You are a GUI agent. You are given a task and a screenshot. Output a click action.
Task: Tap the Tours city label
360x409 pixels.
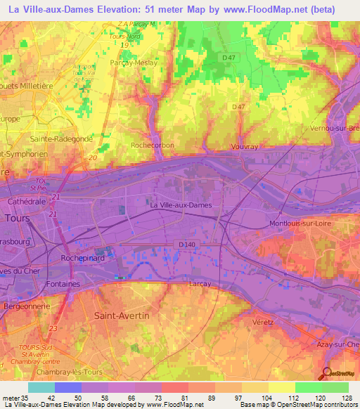coord(16,218)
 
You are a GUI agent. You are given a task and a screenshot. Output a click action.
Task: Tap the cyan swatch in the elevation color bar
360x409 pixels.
coord(41,387)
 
